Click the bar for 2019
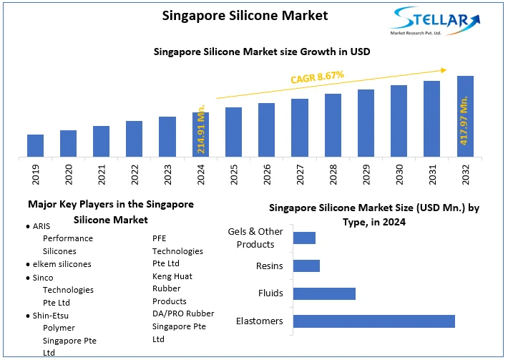coord(36,145)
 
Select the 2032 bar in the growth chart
coord(465,116)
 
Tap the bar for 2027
coord(300,127)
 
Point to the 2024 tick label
coord(200,175)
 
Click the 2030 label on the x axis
coord(399,175)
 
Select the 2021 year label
coord(102,175)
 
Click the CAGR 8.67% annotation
coord(318,75)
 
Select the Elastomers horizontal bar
coord(374,321)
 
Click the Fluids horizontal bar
coord(324,293)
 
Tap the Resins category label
coord(270,266)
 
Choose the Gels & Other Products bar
coord(304,238)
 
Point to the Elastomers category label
coord(260,321)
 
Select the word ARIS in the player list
coord(41,225)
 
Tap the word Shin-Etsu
coord(52,316)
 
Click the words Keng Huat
coord(172,276)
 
